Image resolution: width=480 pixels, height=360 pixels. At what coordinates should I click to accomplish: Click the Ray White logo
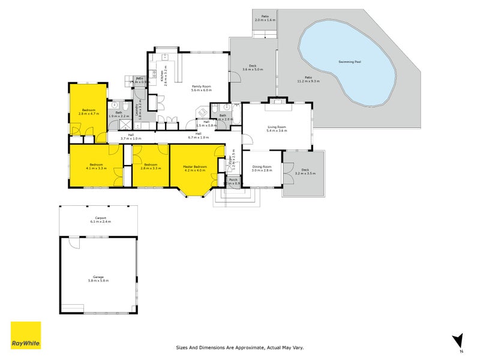pyautogui.click(x=26, y=335)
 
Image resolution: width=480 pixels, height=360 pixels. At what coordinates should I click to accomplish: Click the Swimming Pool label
pyautogui.click(x=349, y=62)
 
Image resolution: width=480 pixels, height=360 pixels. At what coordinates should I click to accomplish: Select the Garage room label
pyautogui.click(x=98, y=278)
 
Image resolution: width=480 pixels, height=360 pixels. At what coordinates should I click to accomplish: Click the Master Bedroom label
pyautogui.click(x=195, y=168)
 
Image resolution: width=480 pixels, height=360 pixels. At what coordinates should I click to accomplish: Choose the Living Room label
pyautogui.click(x=277, y=128)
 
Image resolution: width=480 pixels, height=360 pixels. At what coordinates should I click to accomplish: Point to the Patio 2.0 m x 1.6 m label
pyautogui.click(x=265, y=18)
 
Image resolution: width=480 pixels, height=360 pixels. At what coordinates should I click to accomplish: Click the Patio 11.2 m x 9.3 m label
pyautogui.click(x=308, y=79)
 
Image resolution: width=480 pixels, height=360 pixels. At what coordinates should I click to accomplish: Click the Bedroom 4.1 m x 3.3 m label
pyautogui.click(x=97, y=166)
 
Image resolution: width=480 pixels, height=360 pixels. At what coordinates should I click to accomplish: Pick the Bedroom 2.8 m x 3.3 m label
pyautogui.click(x=150, y=166)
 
